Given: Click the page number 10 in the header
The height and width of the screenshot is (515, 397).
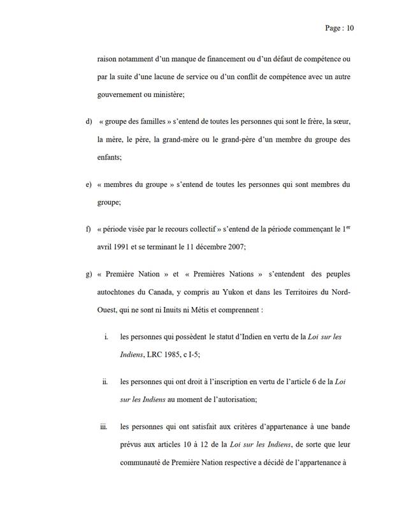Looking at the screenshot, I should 349,28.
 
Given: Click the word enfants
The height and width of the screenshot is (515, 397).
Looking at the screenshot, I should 109,153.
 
